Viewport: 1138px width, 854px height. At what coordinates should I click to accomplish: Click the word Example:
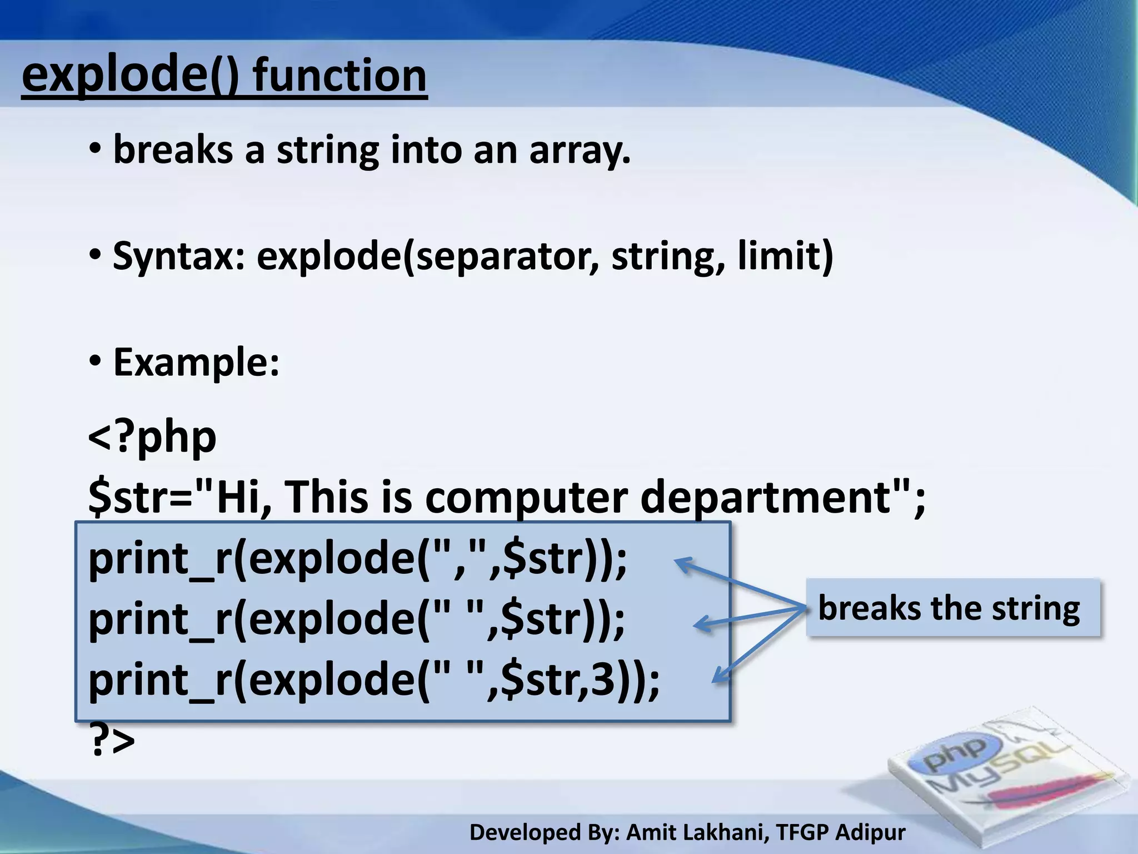coord(196,362)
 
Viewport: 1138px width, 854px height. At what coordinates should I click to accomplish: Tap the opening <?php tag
coord(152,438)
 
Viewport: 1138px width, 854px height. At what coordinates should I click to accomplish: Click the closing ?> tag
coord(112,741)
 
